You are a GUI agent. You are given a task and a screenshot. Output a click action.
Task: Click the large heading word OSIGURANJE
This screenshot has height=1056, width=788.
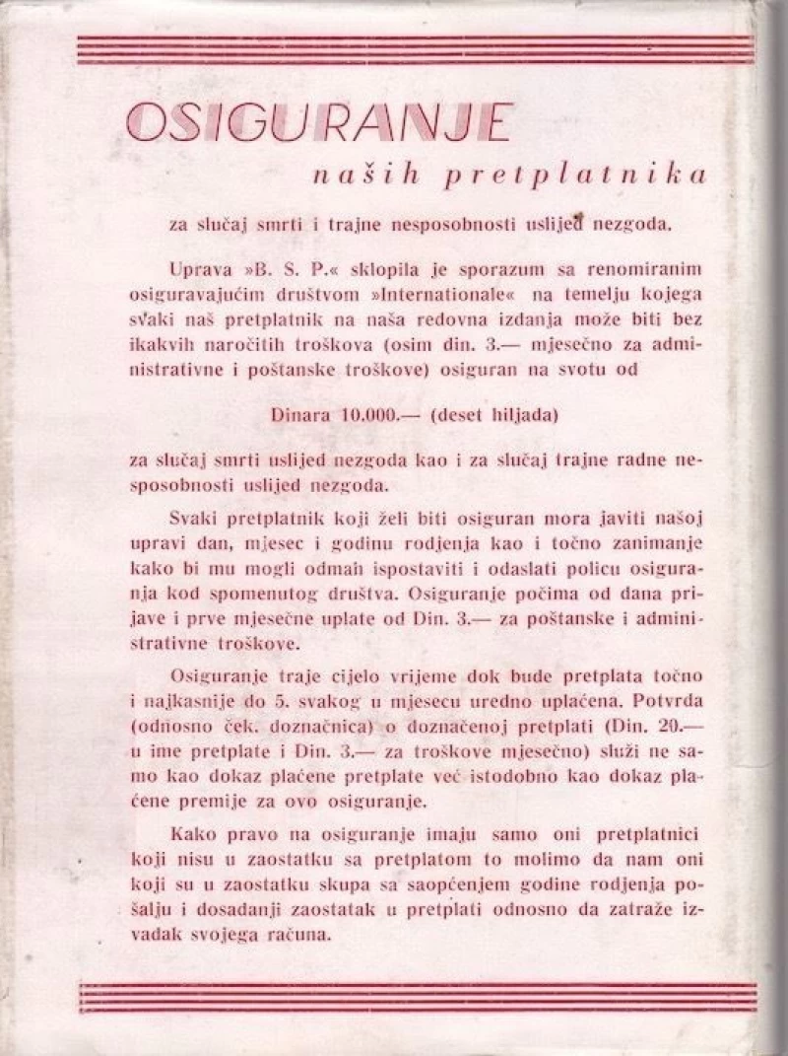coord(320,123)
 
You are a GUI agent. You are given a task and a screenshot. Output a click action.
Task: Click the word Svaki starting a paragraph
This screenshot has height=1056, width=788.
coord(193,520)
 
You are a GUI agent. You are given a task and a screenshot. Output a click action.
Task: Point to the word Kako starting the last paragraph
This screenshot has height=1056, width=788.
coord(191,830)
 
